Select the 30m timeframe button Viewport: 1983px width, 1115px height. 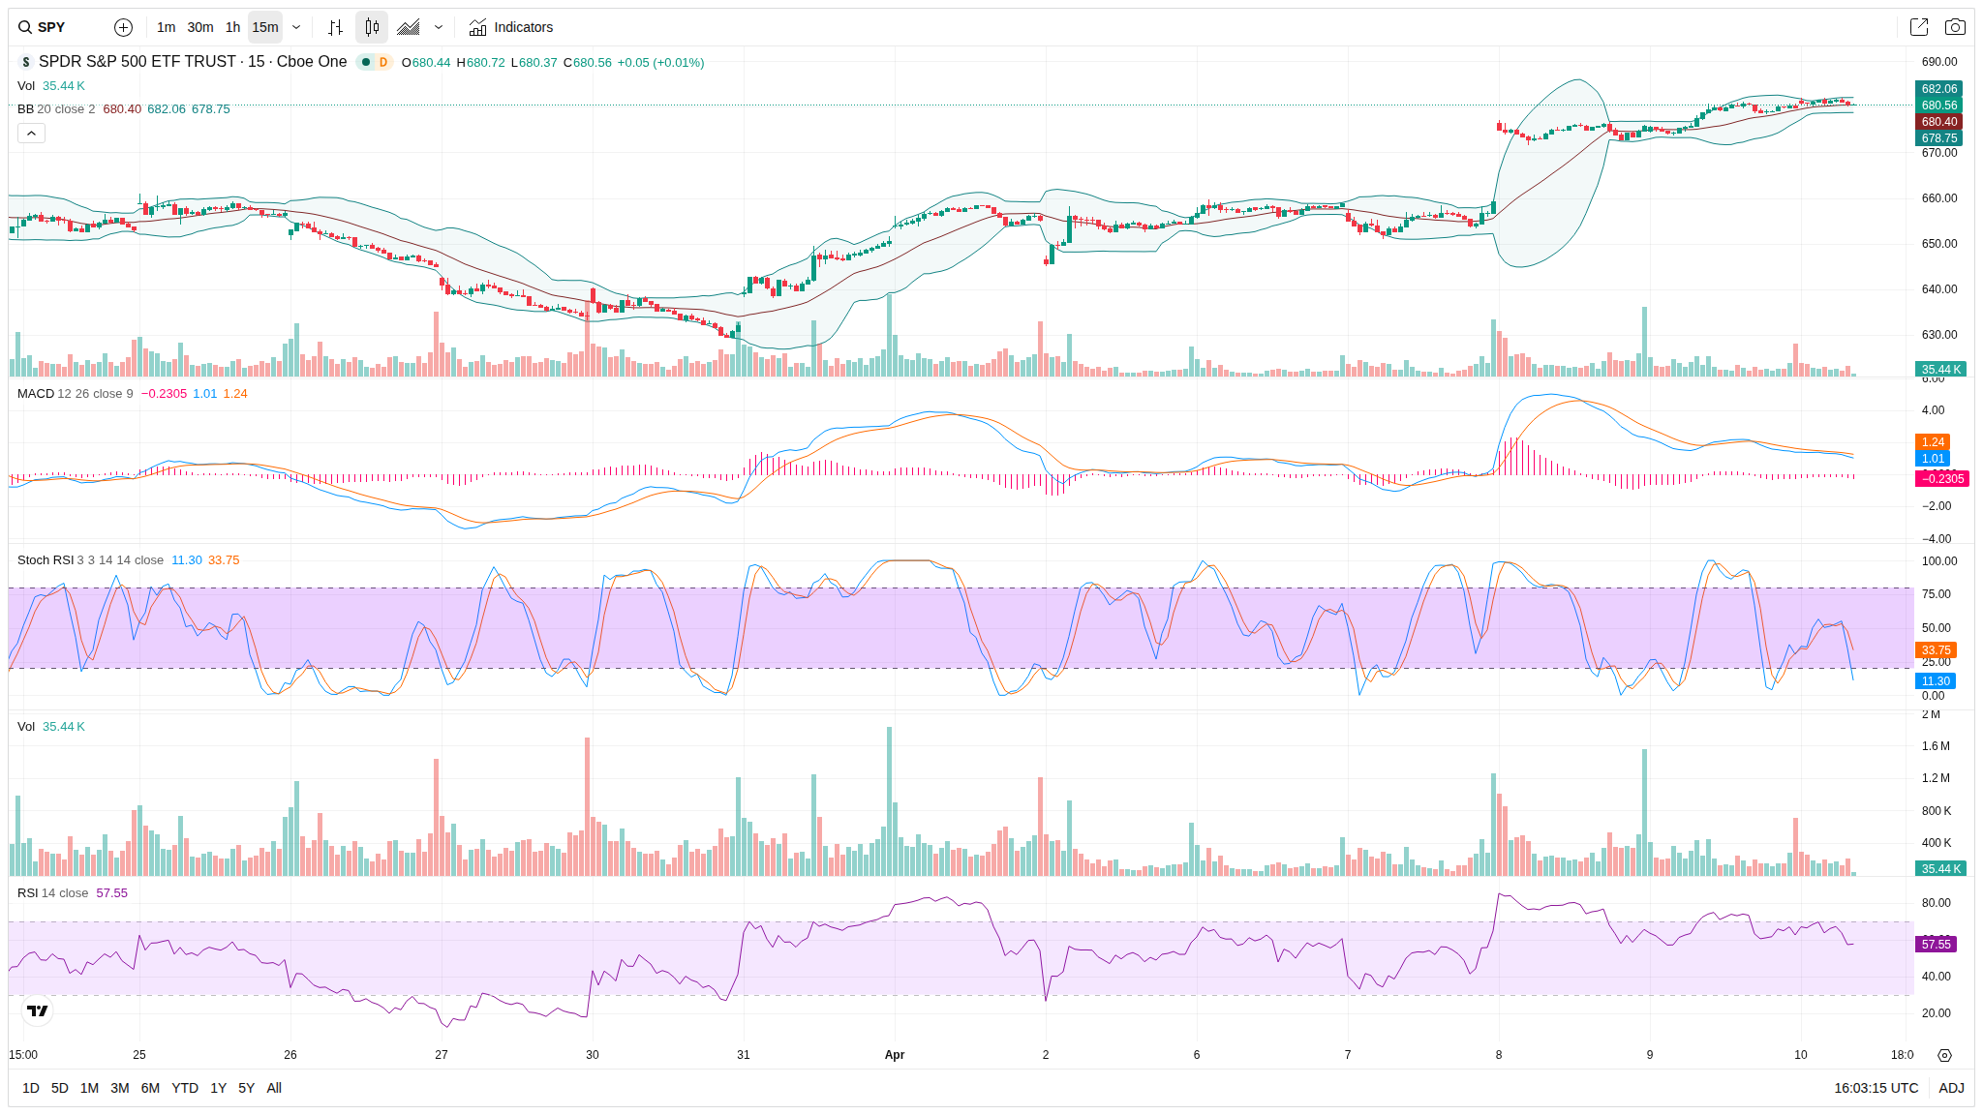click(x=199, y=27)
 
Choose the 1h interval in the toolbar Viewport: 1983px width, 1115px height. click(x=232, y=27)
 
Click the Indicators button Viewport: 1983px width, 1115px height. click(x=511, y=27)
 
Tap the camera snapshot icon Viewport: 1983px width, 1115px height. click(x=1955, y=27)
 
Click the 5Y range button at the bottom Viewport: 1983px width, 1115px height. click(x=246, y=1088)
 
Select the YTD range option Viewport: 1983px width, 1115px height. click(x=184, y=1088)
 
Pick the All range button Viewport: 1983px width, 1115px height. click(x=274, y=1088)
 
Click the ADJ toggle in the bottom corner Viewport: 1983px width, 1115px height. click(x=1951, y=1088)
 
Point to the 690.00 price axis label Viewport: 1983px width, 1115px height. click(x=1938, y=62)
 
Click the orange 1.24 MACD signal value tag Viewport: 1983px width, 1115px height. click(x=1933, y=442)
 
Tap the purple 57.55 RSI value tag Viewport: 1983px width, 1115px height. click(x=1936, y=945)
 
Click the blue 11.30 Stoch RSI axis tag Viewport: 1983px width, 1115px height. click(x=1936, y=681)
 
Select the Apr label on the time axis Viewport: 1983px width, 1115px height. click(x=895, y=1055)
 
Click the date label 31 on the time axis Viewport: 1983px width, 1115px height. click(x=744, y=1055)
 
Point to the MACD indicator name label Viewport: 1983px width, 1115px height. click(x=35, y=394)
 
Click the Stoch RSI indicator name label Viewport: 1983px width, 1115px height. click(x=46, y=560)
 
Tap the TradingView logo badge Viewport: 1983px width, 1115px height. click(x=38, y=1011)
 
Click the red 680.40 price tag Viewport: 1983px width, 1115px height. click(x=1938, y=122)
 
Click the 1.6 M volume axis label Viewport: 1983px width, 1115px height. click(x=1936, y=746)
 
